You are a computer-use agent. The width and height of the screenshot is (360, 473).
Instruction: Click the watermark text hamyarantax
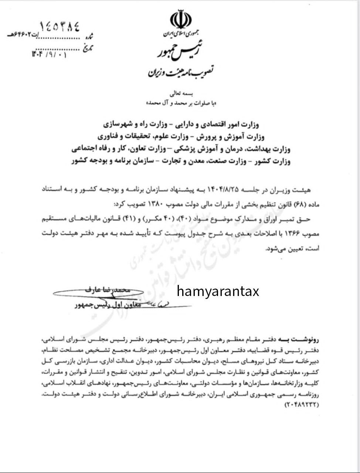click(218, 291)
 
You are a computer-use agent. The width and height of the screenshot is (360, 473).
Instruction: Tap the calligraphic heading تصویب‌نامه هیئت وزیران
click(183, 71)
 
